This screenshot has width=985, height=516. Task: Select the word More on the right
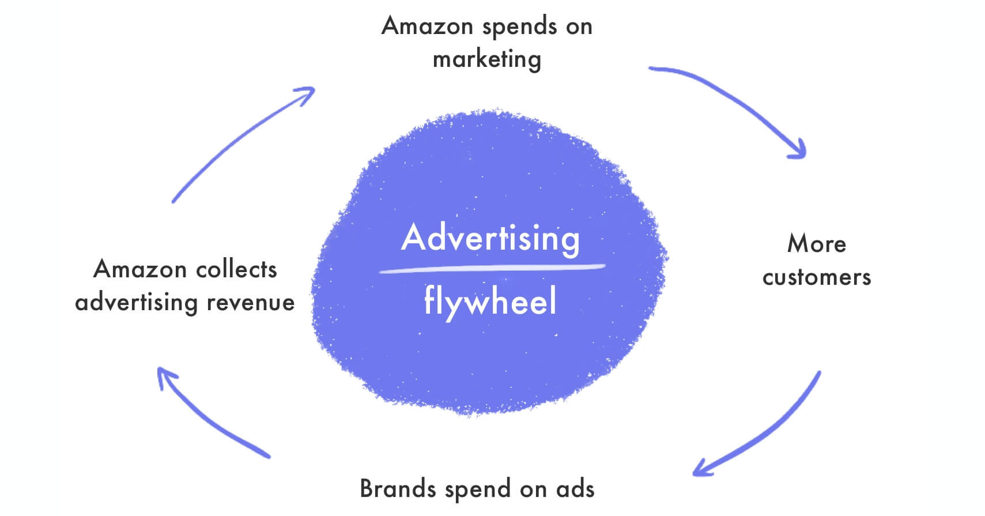816,244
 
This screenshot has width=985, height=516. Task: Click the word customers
816,277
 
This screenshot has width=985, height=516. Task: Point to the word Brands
398,489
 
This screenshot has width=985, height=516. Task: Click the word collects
236,269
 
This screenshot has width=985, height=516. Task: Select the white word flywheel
490,301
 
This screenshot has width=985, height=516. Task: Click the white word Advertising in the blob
490,238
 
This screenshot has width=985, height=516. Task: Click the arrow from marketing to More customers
732,101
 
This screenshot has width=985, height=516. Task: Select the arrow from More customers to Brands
767,430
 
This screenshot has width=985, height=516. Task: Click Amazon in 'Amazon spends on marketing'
427,27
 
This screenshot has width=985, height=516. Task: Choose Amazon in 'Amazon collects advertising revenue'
140,269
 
